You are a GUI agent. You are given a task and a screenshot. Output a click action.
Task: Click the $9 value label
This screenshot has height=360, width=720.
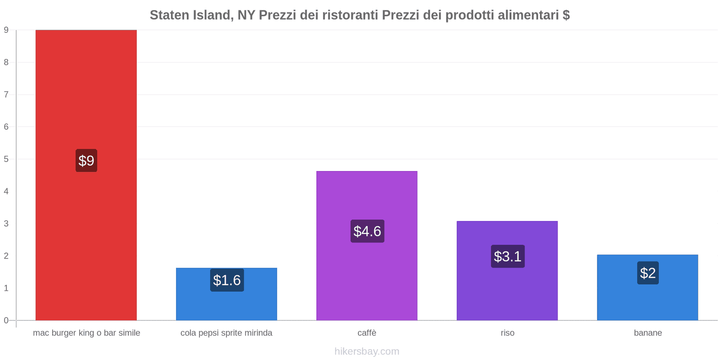pos(86,161)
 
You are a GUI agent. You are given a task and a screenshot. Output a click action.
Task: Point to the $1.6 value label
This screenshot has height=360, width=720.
pos(227,280)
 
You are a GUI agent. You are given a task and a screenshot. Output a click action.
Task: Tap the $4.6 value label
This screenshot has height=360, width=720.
pos(367,231)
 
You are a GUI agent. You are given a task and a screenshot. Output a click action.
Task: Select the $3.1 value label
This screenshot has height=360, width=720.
pos(508,256)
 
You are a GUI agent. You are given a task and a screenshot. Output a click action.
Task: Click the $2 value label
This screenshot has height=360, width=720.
pos(648,273)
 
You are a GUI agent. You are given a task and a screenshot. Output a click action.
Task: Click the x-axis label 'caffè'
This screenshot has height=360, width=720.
pos(367,333)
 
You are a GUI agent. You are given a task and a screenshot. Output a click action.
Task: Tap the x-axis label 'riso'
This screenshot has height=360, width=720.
pos(507,333)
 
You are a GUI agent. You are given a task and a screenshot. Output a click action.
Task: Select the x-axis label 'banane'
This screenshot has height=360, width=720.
pos(648,333)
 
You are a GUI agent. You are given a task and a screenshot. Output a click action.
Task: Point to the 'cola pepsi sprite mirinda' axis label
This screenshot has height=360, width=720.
pos(226,333)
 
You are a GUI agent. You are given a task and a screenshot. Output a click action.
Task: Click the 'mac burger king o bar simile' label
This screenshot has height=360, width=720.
pos(86,333)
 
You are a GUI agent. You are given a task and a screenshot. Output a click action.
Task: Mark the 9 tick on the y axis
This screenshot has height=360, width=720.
pos(6,30)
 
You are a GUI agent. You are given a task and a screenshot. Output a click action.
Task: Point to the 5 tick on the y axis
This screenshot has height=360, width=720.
pos(6,159)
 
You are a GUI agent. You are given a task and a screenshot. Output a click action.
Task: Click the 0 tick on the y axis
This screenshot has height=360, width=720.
pos(6,320)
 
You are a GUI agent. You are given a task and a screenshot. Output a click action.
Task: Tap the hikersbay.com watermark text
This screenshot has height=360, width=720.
pos(367,351)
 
